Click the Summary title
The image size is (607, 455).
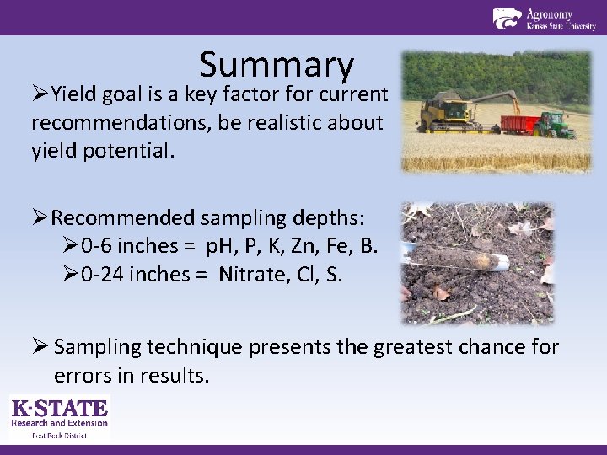pos(277,65)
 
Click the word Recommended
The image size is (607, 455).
pos(122,218)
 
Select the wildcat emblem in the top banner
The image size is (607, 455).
pos(507,18)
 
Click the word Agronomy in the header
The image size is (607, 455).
pos(550,13)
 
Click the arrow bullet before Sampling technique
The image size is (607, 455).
pos(39,347)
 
